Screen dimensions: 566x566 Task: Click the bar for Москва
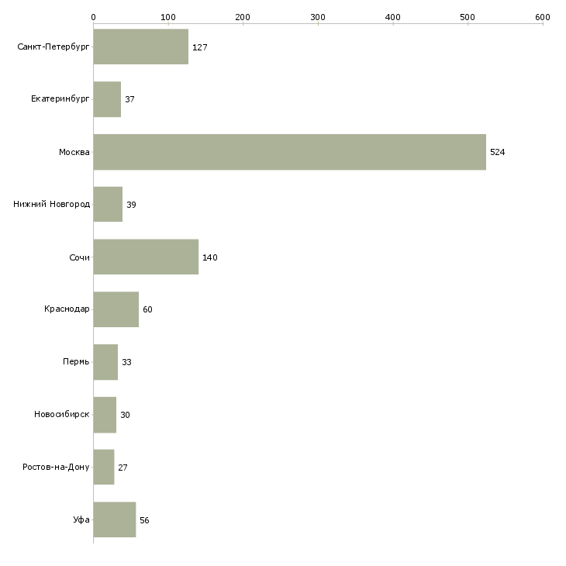(x=289, y=152)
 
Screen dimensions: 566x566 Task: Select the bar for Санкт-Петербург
(x=140, y=47)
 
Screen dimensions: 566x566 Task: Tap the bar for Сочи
(x=146, y=257)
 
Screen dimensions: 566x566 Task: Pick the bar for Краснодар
(x=116, y=309)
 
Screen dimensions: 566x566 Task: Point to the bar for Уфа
(x=114, y=519)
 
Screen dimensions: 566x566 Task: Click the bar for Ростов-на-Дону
(x=103, y=468)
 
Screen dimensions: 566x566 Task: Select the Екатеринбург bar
(x=107, y=99)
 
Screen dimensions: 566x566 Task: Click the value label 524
(x=497, y=152)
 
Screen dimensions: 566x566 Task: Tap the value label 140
(x=209, y=257)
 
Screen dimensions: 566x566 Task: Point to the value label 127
(x=199, y=47)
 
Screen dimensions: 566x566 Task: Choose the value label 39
(x=131, y=205)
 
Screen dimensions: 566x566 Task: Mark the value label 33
(x=126, y=362)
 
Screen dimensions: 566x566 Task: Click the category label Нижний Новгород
(x=51, y=205)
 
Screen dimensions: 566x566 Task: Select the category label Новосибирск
(x=61, y=415)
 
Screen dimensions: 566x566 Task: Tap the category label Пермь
(x=76, y=362)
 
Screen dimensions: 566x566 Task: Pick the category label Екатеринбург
(x=60, y=99)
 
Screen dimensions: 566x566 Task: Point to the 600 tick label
(x=543, y=16)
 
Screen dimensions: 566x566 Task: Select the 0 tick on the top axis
(x=93, y=16)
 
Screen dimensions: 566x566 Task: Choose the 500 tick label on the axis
(x=468, y=16)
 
